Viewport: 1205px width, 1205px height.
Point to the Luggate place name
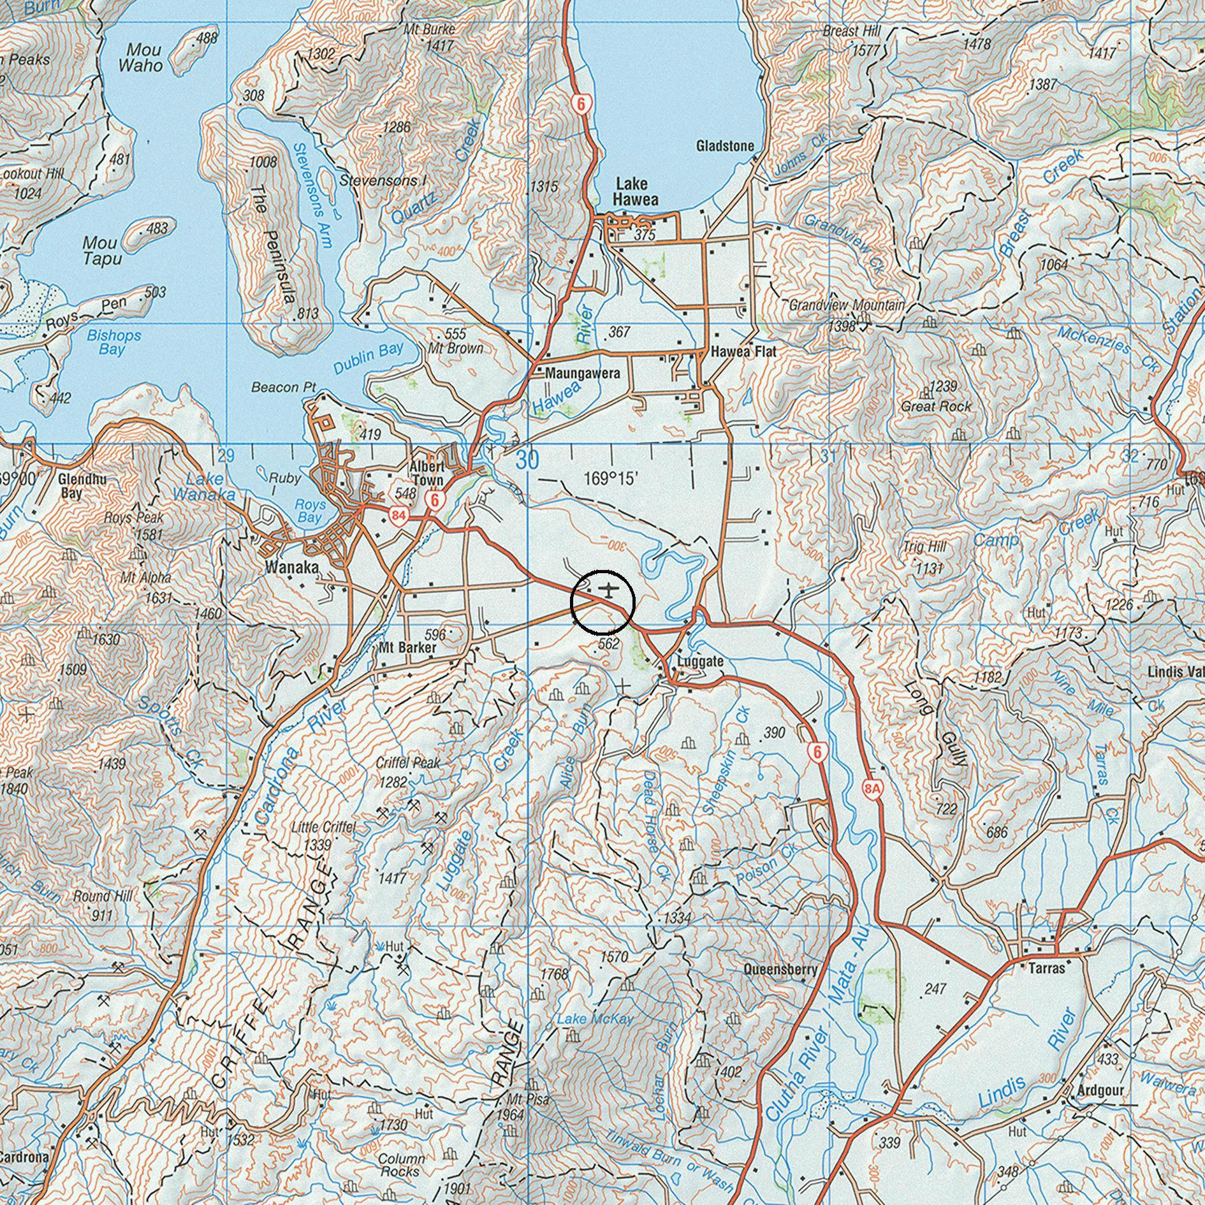(x=700, y=661)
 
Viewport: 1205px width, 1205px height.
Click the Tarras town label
(x=1047, y=968)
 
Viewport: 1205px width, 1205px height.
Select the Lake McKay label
(x=595, y=1019)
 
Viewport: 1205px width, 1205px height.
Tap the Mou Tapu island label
(x=101, y=251)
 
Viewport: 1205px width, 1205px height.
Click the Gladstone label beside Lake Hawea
(x=725, y=146)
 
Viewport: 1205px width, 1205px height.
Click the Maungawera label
(x=582, y=374)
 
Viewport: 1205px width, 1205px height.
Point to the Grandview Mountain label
(x=847, y=305)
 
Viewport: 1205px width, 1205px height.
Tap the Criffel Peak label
(x=408, y=763)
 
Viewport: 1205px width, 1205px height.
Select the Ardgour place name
(x=1100, y=1090)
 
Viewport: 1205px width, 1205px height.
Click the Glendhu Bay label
(x=82, y=485)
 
